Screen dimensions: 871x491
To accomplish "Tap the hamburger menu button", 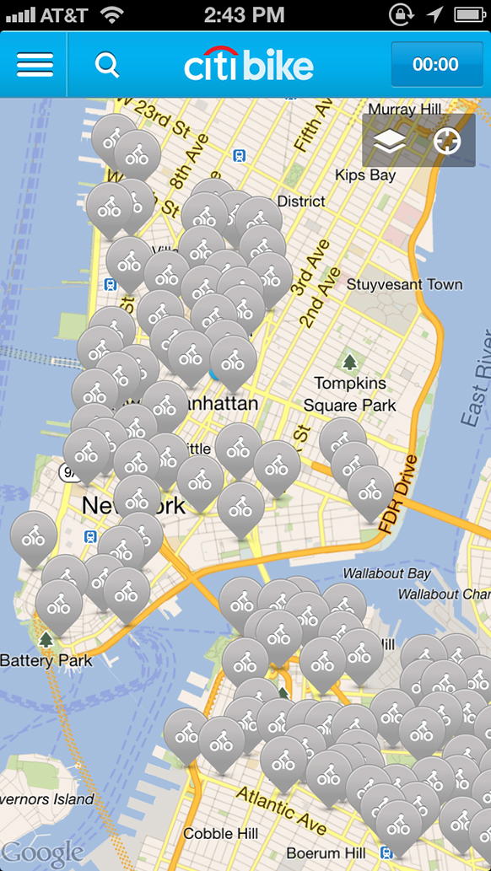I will (35, 65).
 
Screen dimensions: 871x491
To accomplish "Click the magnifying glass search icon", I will (107, 65).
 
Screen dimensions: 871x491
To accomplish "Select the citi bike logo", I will (249, 65).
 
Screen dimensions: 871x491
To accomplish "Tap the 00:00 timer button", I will (435, 65).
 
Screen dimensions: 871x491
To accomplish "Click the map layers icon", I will (390, 142).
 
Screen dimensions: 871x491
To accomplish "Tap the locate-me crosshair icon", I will (447, 142).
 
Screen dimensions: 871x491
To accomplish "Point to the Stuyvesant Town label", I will (404, 284).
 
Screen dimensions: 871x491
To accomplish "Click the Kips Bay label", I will (365, 175).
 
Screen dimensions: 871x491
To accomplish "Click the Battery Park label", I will (46, 660).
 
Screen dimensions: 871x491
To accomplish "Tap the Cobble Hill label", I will (220, 834).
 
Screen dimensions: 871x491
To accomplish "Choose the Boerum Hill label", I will (325, 853).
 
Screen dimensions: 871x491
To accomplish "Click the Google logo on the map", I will (42, 853).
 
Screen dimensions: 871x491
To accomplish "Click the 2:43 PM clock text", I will (245, 14).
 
